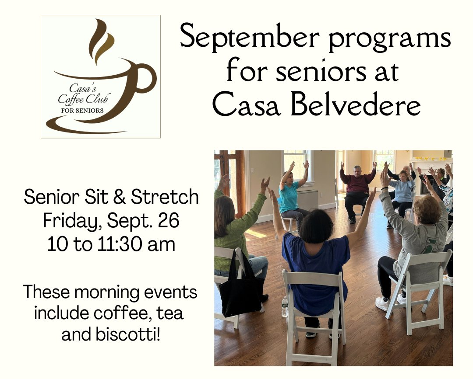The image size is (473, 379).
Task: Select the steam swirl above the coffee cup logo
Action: (x=101, y=42)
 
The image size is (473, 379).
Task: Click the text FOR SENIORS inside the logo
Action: (x=82, y=110)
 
